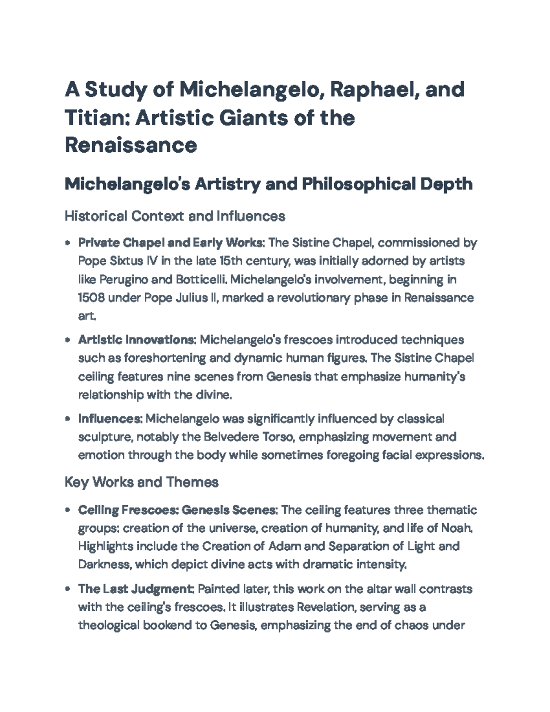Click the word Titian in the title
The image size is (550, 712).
90,118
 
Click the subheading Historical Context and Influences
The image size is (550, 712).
175,215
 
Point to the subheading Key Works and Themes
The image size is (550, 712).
141,482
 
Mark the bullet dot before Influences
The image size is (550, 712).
68,419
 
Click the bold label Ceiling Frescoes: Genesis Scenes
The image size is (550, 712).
177,510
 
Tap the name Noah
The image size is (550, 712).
456,528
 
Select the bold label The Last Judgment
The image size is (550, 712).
137,589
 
